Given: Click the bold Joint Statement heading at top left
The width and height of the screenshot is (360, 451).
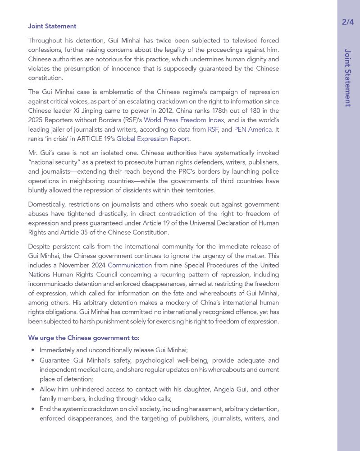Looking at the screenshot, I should [x=52, y=26].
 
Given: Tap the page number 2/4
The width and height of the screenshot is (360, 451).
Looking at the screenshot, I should [x=348, y=22].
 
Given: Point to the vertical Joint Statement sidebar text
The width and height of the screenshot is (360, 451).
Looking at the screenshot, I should [x=347, y=78].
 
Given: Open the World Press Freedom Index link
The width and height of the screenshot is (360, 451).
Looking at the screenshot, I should [x=183, y=120].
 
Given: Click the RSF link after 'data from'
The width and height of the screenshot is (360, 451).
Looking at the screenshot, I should [x=213, y=129].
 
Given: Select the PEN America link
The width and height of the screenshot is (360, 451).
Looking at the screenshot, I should [x=253, y=129].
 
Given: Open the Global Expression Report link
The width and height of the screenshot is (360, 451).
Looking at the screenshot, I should [x=153, y=139].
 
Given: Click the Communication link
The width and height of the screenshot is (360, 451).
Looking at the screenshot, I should [x=130, y=265].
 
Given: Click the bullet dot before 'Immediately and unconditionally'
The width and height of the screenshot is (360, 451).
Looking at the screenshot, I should [x=33, y=350].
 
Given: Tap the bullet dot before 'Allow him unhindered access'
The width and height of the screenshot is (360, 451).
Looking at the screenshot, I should [x=33, y=390].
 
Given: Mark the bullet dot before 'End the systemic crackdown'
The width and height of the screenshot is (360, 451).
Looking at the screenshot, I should [x=33, y=409].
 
